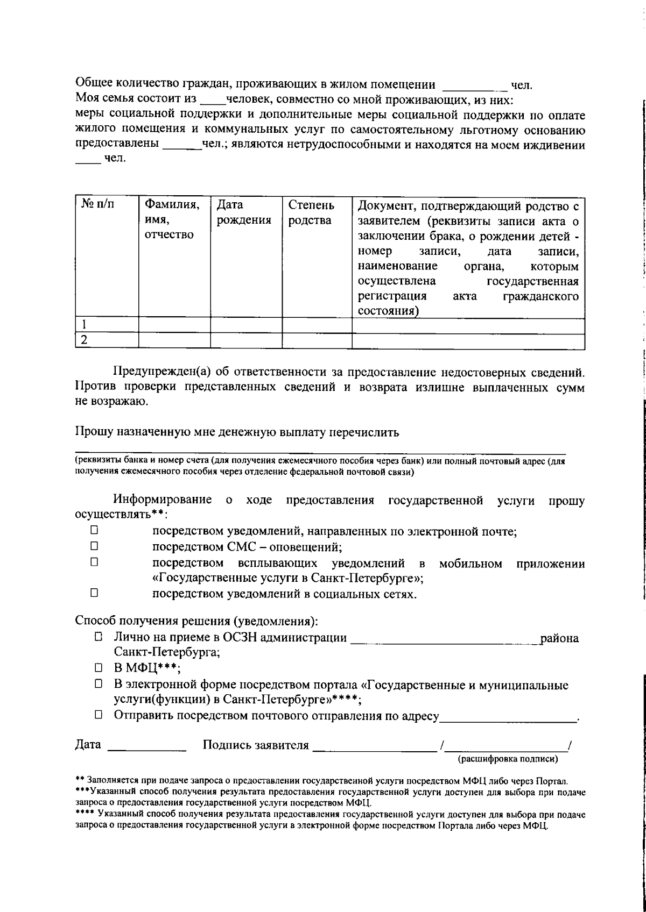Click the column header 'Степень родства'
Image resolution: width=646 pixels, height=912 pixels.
point(311,213)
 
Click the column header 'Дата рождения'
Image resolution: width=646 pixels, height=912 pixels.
point(244,213)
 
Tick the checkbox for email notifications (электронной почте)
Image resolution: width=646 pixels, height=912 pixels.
point(94,530)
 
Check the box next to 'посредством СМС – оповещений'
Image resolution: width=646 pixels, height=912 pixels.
point(94,546)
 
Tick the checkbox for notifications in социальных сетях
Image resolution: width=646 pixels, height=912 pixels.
point(94,593)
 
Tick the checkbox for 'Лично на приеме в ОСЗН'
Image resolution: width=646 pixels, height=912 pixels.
point(99,637)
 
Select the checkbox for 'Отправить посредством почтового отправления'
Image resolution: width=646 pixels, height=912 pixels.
point(99,715)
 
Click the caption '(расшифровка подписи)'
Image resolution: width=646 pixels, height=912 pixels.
point(507,759)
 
